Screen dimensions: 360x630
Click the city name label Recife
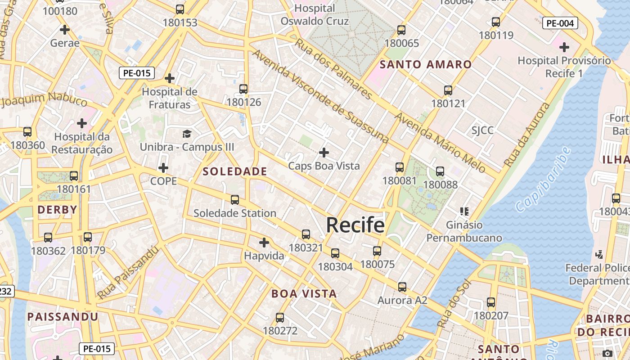tap(355, 225)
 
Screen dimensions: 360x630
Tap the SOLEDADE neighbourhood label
tap(235, 171)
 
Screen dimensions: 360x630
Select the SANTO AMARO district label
tap(425, 64)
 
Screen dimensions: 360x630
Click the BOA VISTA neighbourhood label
tap(304, 294)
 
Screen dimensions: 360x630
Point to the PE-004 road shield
tap(560, 23)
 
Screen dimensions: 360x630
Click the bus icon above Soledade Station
tap(234, 200)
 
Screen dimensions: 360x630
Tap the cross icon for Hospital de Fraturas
tap(169, 78)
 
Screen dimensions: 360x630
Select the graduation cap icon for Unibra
tap(187, 134)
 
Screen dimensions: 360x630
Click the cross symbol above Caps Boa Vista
tap(324, 153)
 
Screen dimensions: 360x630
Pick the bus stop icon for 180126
tap(243, 89)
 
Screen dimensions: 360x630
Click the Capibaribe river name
tap(542, 179)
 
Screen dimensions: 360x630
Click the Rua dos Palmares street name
tap(333, 69)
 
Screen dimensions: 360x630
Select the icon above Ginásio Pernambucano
tap(464, 211)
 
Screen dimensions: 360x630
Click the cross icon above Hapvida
tap(264, 243)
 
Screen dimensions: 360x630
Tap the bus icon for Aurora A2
tap(402, 287)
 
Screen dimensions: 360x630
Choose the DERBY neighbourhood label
tap(57, 210)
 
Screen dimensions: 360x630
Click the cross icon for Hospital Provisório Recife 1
tap(564, 47)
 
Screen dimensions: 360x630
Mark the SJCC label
tap(482, 130)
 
